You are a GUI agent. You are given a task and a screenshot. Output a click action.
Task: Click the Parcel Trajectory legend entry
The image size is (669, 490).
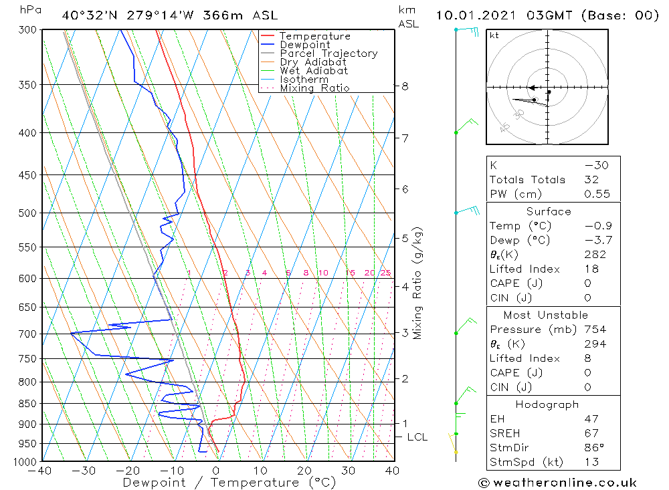pyautogui.click(x=328, y=53)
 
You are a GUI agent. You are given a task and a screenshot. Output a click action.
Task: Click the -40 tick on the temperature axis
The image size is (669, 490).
pyautogui.click(x=41, y=471)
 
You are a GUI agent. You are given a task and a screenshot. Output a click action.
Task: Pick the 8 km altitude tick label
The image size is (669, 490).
pyautogui.click(x=405, y=86)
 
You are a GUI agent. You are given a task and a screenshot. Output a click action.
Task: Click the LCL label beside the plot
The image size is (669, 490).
pyautogui.click(x=417, y=437)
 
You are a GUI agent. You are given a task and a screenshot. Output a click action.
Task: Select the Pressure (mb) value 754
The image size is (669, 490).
pyautogui.click(x=595, y=330)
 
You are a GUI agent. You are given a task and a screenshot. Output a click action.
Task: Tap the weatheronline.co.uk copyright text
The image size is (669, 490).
pyautogui.click(x=557, y=483)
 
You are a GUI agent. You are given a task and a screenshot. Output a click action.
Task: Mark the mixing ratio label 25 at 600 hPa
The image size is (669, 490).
pyautogui.click(x=385, y=273)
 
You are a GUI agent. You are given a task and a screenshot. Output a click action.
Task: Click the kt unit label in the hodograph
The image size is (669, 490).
pyautogui.click(x=494, y=36)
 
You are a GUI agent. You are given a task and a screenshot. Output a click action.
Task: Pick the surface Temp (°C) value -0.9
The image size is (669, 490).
pyautogui.click(x=597, y=226)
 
